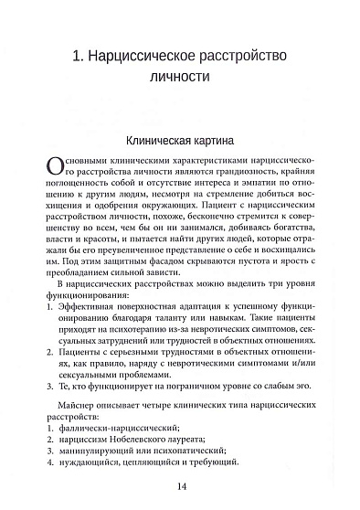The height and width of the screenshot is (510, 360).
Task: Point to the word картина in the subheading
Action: [215, 143]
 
